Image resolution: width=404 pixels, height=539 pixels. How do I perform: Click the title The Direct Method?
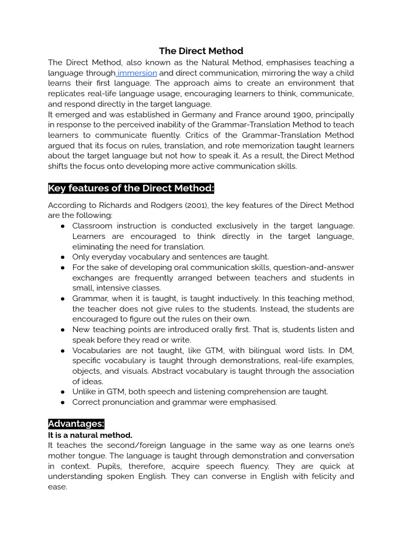[x=201, y=51]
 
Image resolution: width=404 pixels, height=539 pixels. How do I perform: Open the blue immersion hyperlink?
[x=137, y=73]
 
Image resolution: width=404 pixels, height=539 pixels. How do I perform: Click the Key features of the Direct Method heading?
[x=131, y=189]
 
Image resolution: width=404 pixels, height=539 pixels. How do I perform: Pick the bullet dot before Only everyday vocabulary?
[x=63, y=257]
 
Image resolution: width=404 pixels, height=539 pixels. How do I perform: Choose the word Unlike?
[x=84, y=392]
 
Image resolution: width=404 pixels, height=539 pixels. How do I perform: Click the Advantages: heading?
[x=76, y=424]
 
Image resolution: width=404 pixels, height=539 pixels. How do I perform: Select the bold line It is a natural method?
[x=90, y=435]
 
